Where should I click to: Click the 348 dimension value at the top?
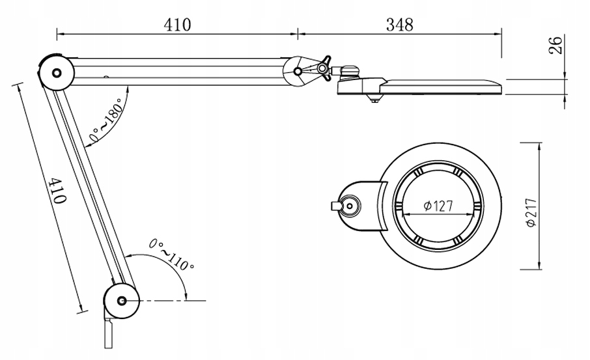point(400,25)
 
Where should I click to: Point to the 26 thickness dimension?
point(557,45)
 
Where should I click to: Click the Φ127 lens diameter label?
point(438,206)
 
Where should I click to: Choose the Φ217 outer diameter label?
point(531,212)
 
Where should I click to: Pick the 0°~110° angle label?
point(171,255)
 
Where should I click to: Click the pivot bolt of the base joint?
point(122,301)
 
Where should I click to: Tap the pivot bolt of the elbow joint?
point(57,73)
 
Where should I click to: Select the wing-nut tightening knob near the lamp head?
point(324,68)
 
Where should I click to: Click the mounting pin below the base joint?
point(109,333)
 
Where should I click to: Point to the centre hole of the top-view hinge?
point(350,206)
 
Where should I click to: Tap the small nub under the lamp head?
point(374,100)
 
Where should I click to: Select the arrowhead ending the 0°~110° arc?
point(186,296)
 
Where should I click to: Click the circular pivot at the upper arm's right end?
point(298,71)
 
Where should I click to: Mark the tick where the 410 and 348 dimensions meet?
point(298,34)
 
